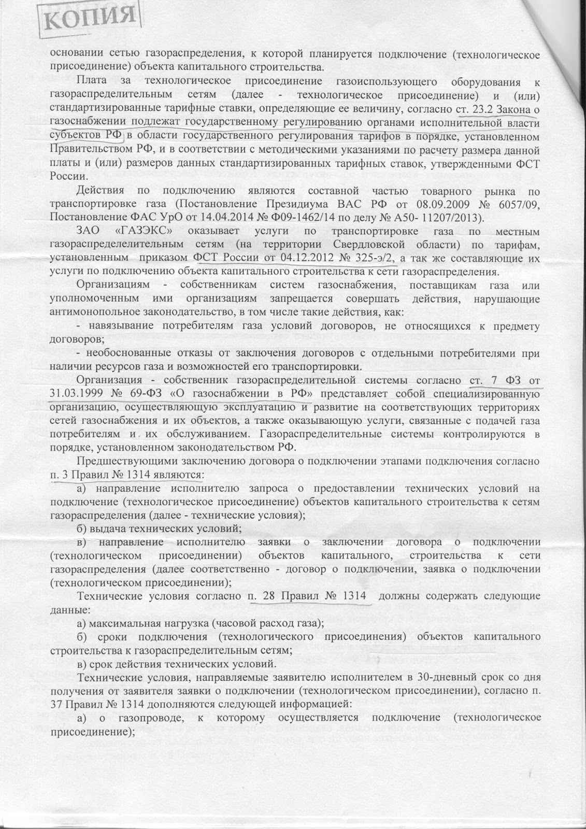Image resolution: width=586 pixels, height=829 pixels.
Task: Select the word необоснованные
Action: [x=130, y=353]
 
